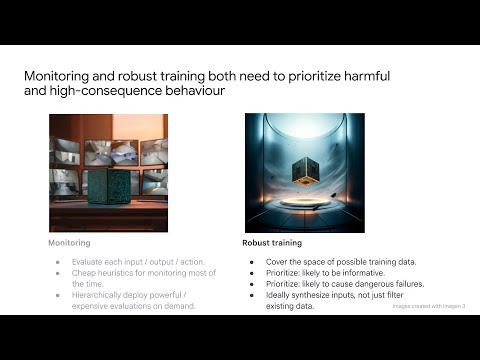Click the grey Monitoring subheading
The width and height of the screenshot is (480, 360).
[70, 243]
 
